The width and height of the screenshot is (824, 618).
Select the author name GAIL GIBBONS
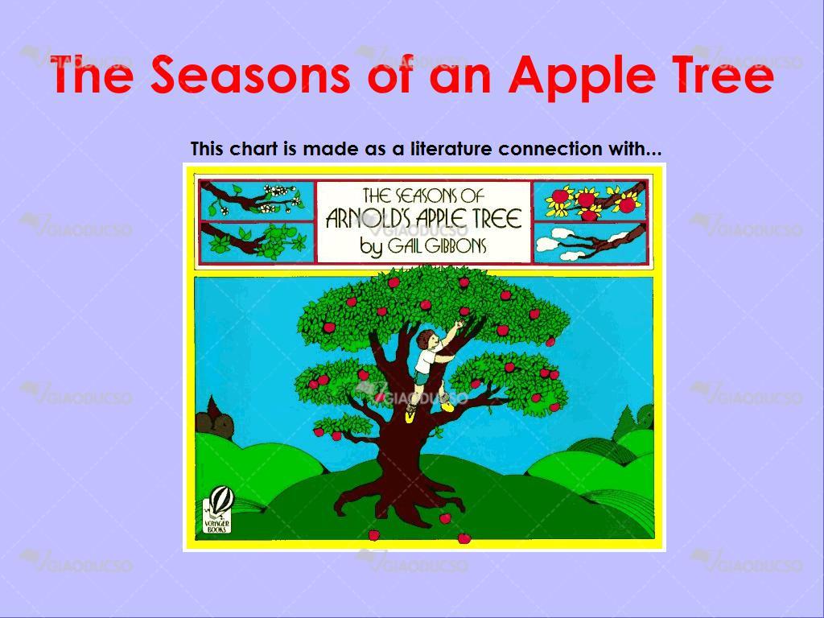coord(437,245)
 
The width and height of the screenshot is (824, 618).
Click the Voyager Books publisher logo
coord(216,511)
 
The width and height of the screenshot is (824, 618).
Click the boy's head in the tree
coord(426,340)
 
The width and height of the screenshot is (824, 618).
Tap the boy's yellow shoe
coord(447,406)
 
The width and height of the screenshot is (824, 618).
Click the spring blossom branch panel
coord(257,200)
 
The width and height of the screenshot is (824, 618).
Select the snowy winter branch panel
coord(591,243)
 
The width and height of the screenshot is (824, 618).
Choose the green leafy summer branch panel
coord(257,242)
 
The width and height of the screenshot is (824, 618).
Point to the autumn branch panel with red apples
coord(591,200)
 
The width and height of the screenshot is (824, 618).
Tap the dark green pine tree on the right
coord(624,423)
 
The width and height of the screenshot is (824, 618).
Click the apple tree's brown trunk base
coord(399,488)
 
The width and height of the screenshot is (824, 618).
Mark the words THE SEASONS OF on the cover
coord(423,196)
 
